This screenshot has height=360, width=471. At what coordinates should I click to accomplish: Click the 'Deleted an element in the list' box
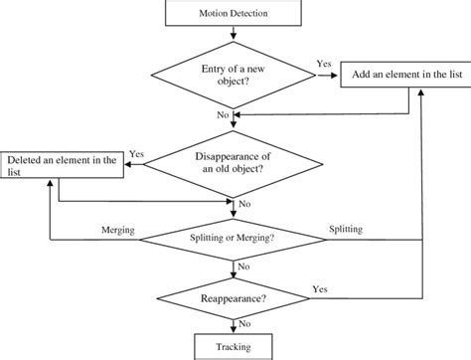63,165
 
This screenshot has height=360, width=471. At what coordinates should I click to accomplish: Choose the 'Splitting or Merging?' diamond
233,239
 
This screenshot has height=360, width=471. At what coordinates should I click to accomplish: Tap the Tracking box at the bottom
233,347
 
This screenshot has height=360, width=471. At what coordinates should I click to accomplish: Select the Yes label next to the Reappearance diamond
320,287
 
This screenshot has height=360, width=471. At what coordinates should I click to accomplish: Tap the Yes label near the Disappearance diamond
137,155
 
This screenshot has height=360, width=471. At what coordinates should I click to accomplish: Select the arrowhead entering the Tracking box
233,331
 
